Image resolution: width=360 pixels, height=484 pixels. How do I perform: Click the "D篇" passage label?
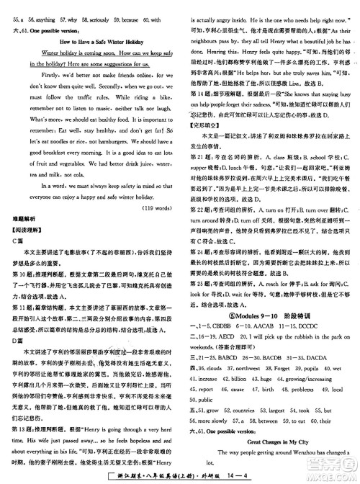point(19,346)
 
